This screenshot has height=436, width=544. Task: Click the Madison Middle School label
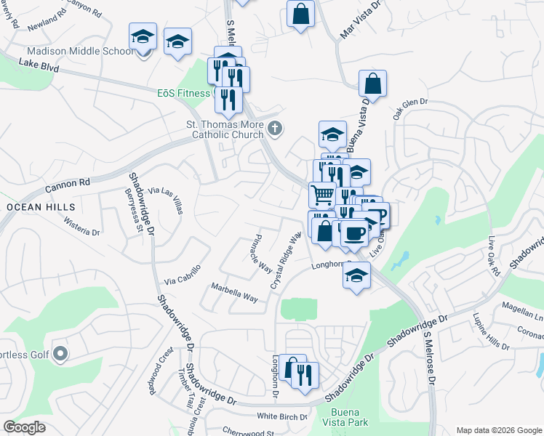[x=80, y=51]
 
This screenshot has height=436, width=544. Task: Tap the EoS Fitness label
[x=183, y=93]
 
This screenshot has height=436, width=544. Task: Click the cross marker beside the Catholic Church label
[x=274, y=129]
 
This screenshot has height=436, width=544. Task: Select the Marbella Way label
[x=234, y=292]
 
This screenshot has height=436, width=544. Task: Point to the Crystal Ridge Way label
[x=287, y=262]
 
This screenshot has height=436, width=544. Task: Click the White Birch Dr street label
[x=282, y=416]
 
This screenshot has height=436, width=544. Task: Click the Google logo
[x=24, y=427]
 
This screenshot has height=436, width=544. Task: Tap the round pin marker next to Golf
[x=60, y=355]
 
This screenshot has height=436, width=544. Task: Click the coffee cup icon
[x=355, y=233]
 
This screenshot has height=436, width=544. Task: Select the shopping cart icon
[x=322, y=194]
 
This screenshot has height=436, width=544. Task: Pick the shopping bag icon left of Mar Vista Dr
[x=300, y=13]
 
